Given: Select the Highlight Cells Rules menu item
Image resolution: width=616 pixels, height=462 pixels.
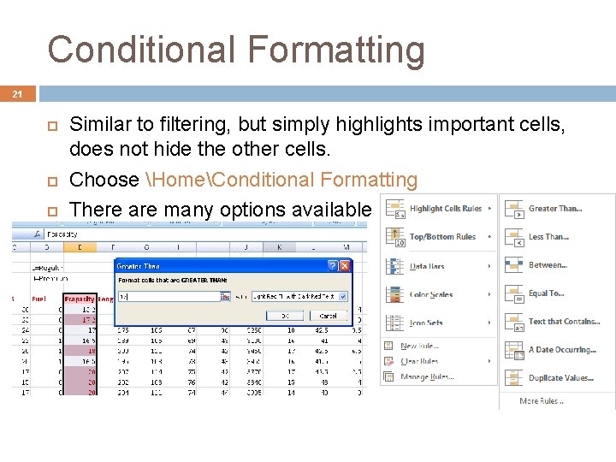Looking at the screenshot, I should click(x=445, y=209).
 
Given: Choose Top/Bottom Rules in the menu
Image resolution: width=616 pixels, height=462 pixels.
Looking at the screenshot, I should click(x=442, y=237).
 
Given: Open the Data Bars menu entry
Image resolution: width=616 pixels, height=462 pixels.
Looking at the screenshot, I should click(x=427, y=266).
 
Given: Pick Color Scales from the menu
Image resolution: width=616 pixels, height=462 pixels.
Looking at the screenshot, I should click(x=431, y=294).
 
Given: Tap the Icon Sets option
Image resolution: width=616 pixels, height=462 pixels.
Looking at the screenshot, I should click(x=426, y=323).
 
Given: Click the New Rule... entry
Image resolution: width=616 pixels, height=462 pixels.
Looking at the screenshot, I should click(x=419, y=346).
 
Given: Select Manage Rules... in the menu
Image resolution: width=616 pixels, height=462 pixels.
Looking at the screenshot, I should click(x=425, y=376).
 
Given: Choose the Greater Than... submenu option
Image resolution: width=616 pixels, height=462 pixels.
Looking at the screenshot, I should click(x=554, y=209).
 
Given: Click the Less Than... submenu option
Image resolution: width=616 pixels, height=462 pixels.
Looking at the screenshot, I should click(x=548, y=237).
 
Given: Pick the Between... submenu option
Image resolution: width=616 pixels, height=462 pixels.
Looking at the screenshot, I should click(x=548, y=265).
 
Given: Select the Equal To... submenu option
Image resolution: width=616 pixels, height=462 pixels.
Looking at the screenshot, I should click(x=546, y=293).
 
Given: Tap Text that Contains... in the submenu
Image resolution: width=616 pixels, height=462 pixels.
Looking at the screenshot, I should click(x=563, y=322).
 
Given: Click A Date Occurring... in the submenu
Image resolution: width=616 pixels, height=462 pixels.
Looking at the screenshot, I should click(x=561, y=350).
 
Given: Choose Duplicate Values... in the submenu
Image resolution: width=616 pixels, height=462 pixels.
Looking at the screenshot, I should click(x=560, y=378).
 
